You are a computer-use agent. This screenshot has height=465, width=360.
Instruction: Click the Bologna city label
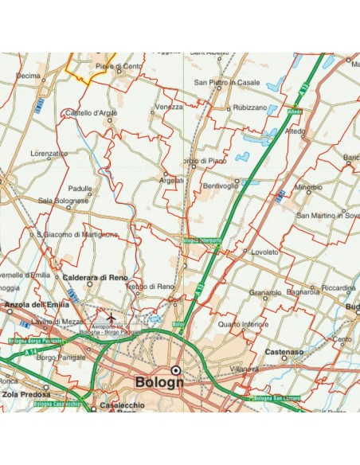click(159, 381)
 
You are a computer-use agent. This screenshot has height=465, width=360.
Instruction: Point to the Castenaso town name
click(285, 350)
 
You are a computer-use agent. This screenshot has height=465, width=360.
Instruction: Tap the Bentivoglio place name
click(221, 186)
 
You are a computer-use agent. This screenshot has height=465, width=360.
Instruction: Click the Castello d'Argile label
click(91, 113)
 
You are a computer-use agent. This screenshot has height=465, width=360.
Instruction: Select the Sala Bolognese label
click(63, 201)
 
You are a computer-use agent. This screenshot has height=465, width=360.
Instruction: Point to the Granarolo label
click(264, 293)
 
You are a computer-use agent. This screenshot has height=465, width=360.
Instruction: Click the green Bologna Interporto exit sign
click(202, 240)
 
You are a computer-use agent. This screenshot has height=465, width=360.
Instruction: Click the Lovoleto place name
click(264, 252)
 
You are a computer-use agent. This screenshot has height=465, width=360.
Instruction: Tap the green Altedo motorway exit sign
click(296, 111)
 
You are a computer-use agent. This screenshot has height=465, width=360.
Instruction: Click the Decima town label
click(28, 76)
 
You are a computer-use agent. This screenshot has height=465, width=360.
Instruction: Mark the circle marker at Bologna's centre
click(176, 369)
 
